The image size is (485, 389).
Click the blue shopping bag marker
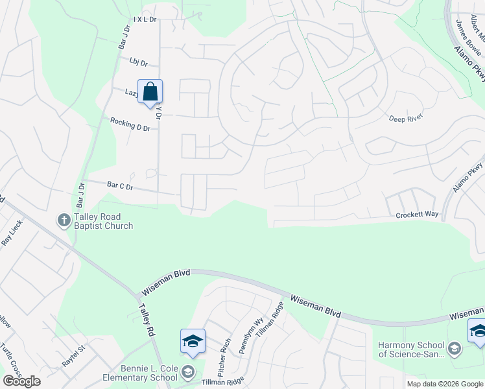click(150, 92)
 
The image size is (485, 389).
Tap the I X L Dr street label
click(145, 20)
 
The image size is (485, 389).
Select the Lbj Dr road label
click(139, 64)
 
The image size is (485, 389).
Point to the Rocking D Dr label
click(130, 124)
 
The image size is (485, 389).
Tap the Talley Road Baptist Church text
click(103, 221)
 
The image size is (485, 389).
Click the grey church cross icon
click(64, 221)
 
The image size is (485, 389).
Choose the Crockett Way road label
click(418, 214)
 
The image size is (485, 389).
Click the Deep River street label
click(405, 118)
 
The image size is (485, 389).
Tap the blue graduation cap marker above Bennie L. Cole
click(193, 342)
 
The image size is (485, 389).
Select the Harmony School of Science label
click(412, 349)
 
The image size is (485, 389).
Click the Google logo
click(21, 381)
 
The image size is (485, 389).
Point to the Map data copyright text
click(445, 384)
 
